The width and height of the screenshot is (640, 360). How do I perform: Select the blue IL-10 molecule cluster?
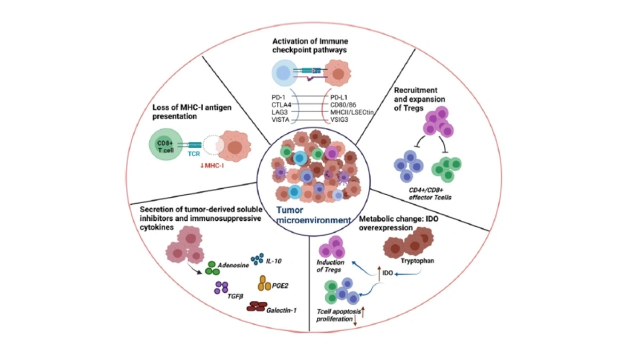257,259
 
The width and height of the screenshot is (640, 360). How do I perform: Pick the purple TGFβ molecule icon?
221,288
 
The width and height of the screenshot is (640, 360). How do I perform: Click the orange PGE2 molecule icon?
265,283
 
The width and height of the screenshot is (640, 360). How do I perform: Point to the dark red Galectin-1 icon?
257,306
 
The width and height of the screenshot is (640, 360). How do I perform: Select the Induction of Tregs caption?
331,266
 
